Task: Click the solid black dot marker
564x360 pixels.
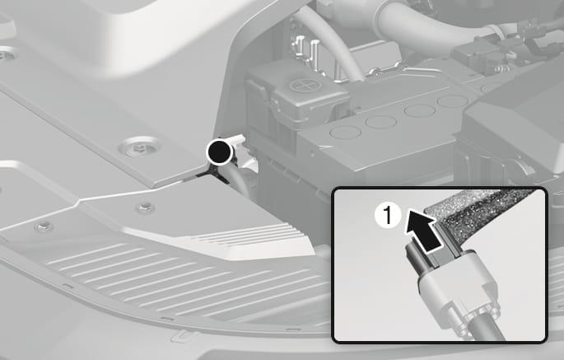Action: pos(219,152)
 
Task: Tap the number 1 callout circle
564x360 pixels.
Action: pos(388,215)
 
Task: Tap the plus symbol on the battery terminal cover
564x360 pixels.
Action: pos(301,86)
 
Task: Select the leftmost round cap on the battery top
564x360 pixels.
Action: pos(345,132)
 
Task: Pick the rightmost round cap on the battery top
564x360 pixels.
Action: pos(453,101)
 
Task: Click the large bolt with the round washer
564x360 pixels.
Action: pos(141,147)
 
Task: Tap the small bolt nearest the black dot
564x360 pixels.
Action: pos(146,207)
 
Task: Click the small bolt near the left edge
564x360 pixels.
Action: pos(44,226)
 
